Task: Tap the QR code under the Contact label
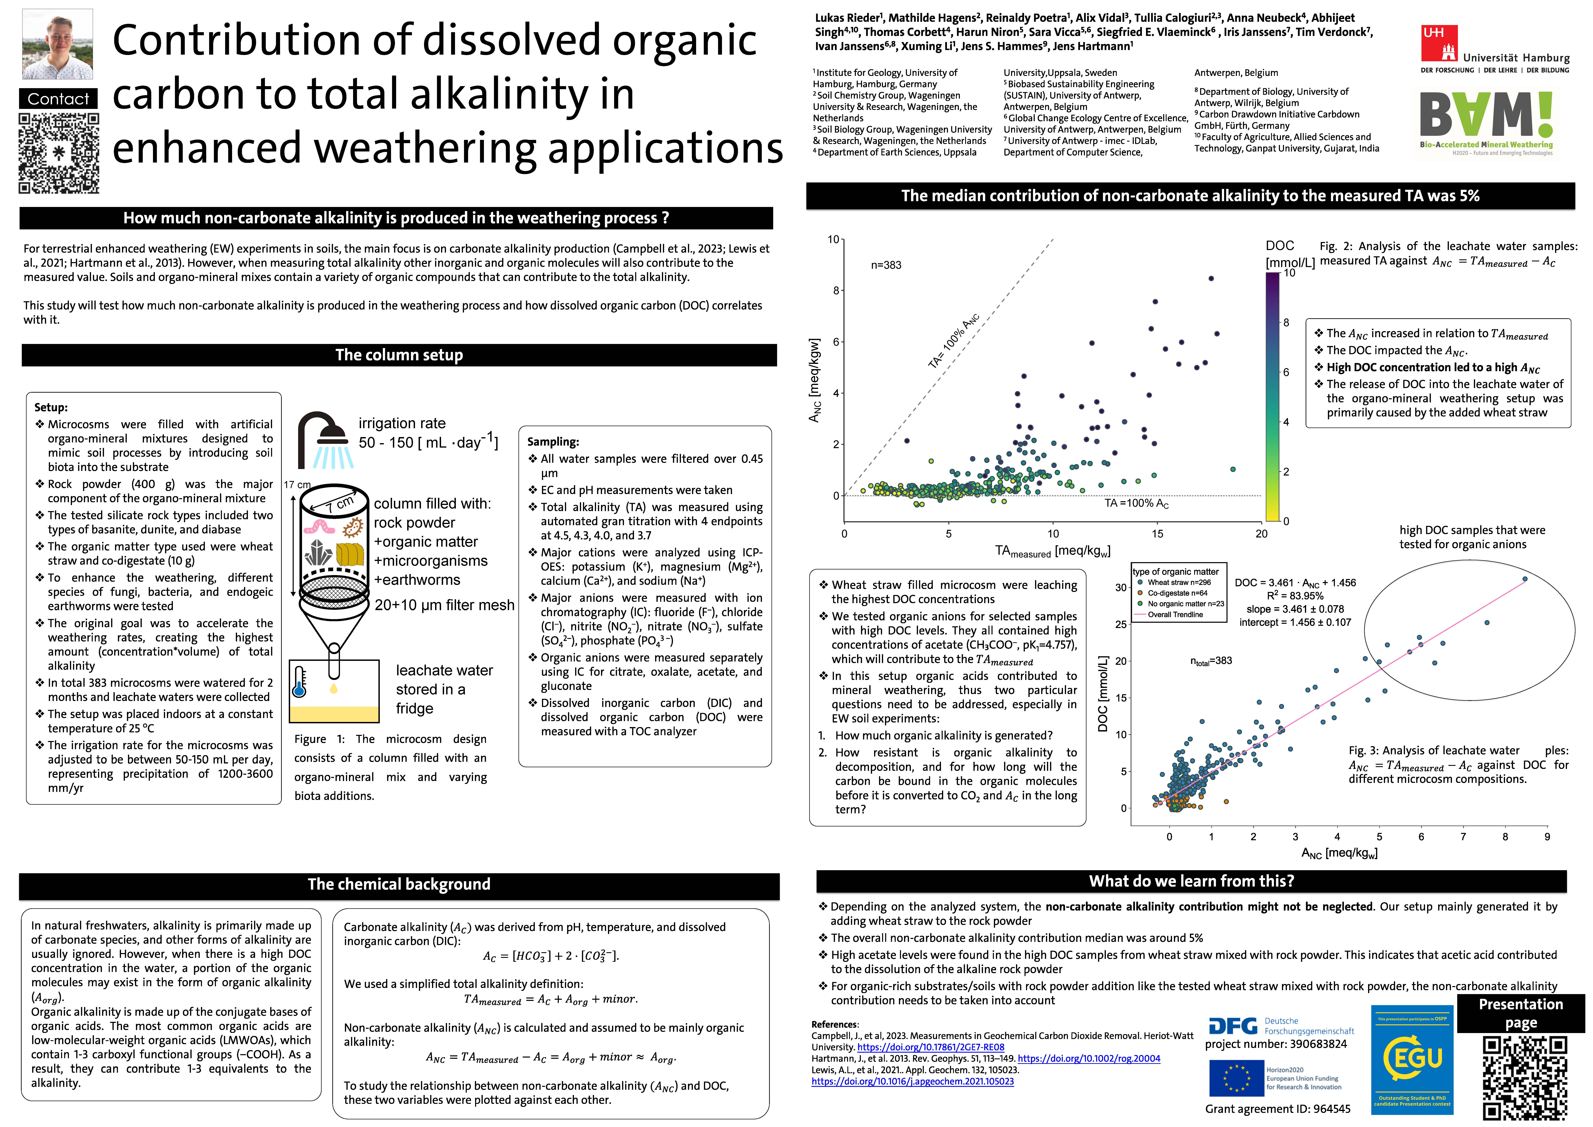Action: [59, 153]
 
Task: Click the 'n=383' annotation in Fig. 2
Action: [886, 265]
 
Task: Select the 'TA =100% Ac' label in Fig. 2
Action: [1136, 503]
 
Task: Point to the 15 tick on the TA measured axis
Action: [1157, 534]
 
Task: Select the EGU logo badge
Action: [1412, 1060]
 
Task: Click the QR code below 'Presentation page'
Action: [1524, 1078]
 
